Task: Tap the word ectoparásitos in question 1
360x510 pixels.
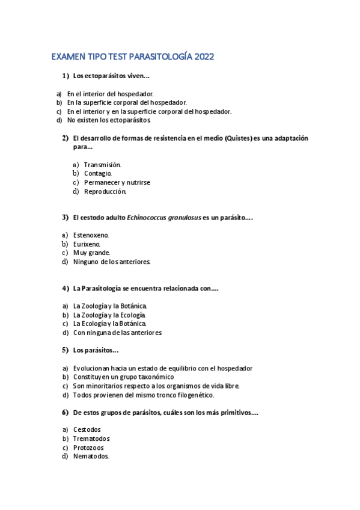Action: click(x=103, y=76)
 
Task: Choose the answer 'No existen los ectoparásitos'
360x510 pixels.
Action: click(x=109, y=120)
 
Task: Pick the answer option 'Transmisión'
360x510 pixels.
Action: click(x=103, y=165)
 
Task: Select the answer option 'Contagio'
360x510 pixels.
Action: click(x=98, y=174)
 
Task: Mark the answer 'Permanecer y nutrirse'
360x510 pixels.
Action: click(x=117, y=183)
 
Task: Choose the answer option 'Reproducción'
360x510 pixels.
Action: click(x=105, y=192)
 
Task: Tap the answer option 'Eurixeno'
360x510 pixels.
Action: click(x=87, y=244)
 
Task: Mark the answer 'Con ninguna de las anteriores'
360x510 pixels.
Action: click(x=117, y=333)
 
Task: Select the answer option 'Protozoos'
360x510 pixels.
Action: click(x=88, y=448)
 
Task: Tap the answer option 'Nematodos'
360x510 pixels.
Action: click(x=91, y=456)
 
